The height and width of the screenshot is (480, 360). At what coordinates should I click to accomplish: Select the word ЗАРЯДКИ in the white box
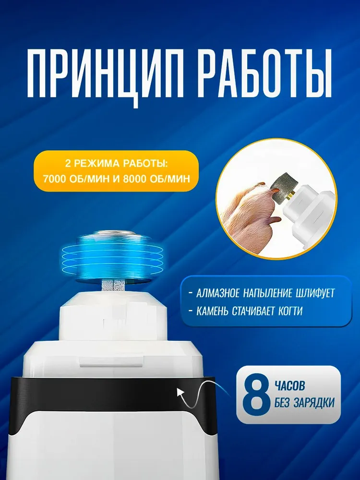(314, 403)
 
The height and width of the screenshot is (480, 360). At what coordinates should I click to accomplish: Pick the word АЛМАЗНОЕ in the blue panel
(218, 293)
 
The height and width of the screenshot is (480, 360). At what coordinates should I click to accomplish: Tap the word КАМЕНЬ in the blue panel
(212, 311)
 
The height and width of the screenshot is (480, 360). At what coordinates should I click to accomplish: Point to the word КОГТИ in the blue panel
(290, 311)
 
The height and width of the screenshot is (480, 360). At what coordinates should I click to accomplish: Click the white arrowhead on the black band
(181, 393)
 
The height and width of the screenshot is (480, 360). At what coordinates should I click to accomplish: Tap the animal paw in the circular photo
(250, 209)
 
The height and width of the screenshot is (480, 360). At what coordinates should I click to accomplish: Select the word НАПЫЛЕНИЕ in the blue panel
(267, 293)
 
